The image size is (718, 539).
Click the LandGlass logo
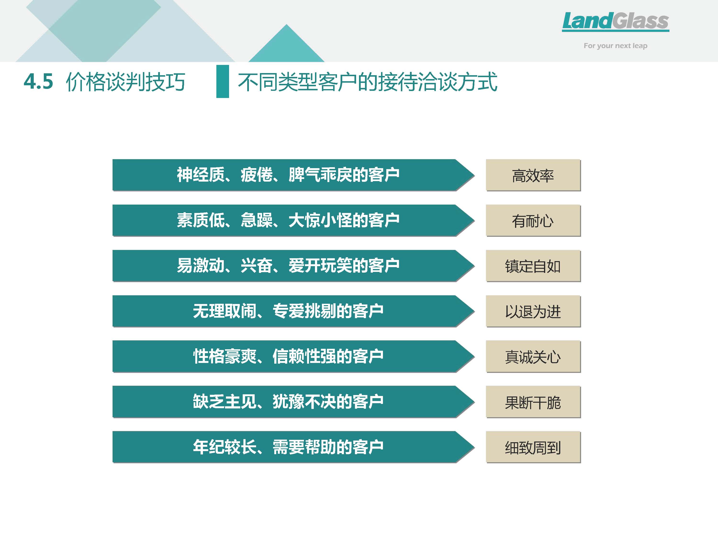click(615, 22)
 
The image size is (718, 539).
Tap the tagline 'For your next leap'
click(615, 46)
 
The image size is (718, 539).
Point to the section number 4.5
click(38, 81)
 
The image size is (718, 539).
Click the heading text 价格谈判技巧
click(126, 81)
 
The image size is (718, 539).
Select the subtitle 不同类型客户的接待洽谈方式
click(367, 81)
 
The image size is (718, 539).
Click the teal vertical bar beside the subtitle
click(223, 81)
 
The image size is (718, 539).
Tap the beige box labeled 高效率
click(533, 175)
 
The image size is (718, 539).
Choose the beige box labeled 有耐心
click(533, 221)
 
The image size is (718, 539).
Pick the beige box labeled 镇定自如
click(533, 266)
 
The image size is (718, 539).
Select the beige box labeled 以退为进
click(533, 311)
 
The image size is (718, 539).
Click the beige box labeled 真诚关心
click(533, 356)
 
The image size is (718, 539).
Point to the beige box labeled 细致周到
click(533, 447)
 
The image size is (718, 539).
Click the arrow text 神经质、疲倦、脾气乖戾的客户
click(288, 175)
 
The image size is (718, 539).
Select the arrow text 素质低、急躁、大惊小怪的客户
click(288, 220)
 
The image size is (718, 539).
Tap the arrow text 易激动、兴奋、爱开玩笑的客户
click(288, 265)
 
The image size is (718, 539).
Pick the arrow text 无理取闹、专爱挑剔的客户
click(288, 311)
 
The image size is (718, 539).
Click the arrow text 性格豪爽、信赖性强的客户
click(288, 356)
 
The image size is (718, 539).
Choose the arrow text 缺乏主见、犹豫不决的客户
click(288, 401)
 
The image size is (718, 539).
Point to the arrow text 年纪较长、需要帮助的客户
click(288, 447)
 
